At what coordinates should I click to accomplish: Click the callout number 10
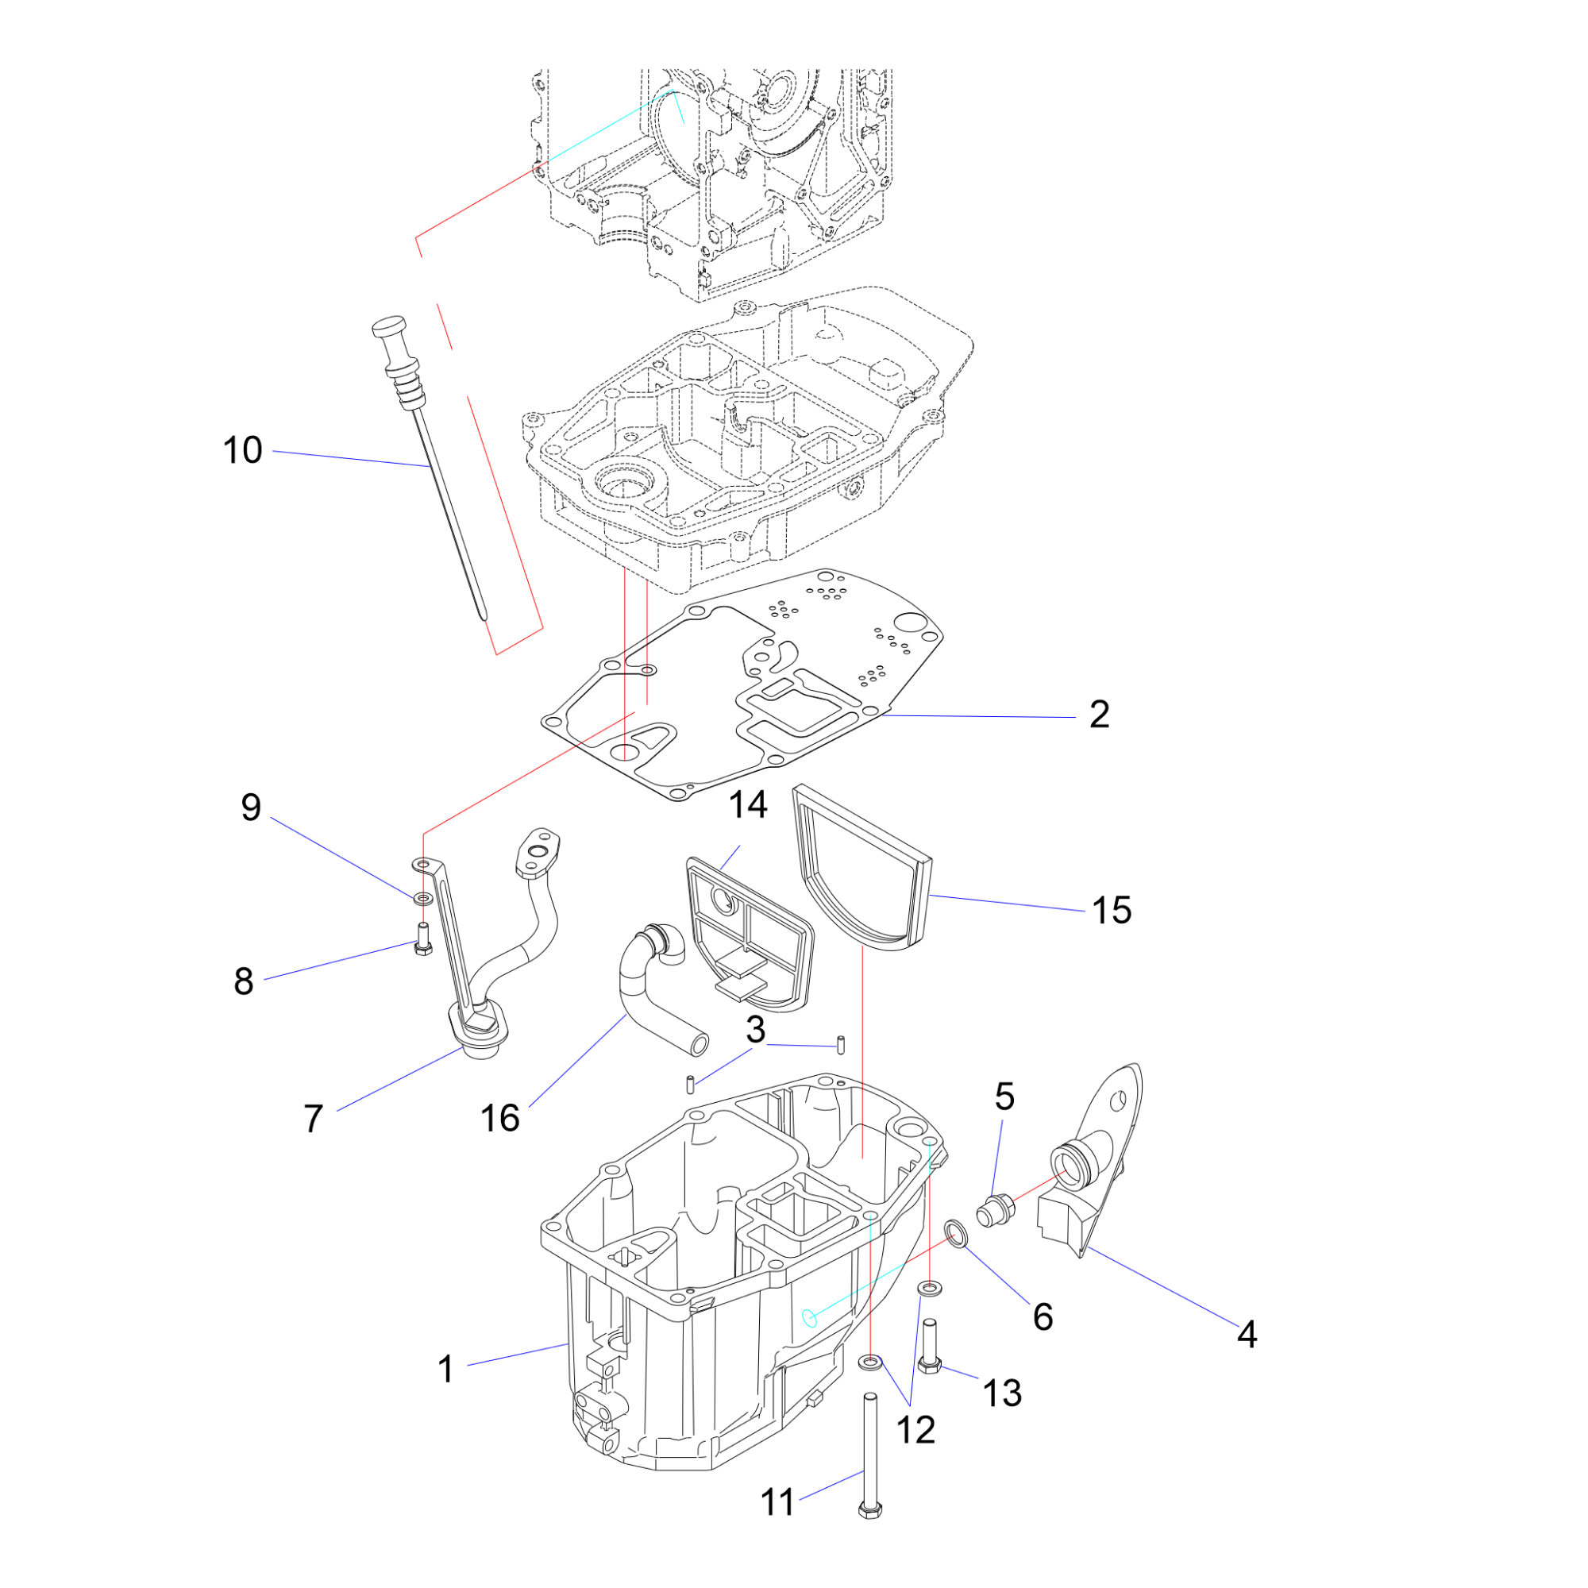tap(242, 450)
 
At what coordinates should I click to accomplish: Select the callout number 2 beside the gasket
tap(1099, 715)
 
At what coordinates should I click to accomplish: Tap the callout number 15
tap(1112, 910)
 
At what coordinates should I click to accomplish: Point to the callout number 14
tap(748, 804)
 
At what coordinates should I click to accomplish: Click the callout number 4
tap(1247, 1334)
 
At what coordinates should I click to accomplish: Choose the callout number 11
tap(777, 1502)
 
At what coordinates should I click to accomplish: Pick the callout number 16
tap(499, 1119)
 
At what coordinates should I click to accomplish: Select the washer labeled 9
tap(422, 896)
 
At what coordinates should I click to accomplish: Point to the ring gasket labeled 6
tap(956, 1233)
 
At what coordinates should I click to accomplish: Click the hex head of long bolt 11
tap(869, 1510)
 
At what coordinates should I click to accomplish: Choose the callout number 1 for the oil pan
tap(445, 1370)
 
